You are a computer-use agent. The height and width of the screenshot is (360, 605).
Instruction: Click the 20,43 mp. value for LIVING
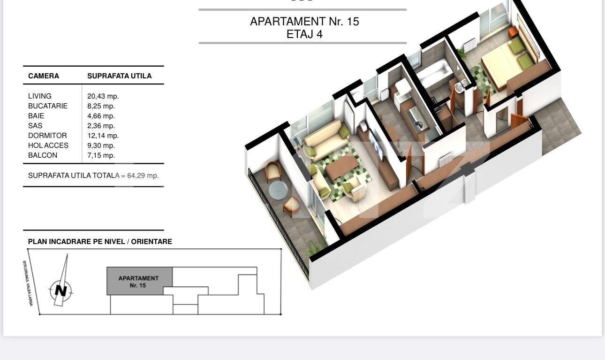[103, 96]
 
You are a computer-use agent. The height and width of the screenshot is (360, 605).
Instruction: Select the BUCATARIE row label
[48, 106]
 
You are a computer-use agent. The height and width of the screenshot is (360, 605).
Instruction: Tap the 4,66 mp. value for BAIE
[101, 116]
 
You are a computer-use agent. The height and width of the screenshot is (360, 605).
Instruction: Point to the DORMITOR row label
[47, 136]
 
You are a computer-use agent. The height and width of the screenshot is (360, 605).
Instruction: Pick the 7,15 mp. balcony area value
[101, 155]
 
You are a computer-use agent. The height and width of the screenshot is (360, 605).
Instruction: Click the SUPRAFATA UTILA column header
[119, 76]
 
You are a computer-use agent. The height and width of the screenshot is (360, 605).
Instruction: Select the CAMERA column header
[44, 76]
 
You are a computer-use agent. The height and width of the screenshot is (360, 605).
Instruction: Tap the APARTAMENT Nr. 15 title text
[304, 22]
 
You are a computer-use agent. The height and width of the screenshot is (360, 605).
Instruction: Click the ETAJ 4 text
[304, 34]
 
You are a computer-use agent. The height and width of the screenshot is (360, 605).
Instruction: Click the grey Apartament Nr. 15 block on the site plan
[139, 281]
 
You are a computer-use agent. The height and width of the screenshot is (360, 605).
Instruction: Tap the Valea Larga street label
[28, 283]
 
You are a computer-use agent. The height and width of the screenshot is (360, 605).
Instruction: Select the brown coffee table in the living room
[341, 168]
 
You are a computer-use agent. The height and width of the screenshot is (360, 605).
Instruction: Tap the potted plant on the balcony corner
[316, 245]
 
